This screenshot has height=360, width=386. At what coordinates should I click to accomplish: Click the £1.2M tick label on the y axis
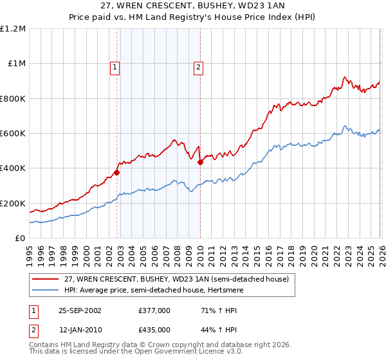pos(14,29)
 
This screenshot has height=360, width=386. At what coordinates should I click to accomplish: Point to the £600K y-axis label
pos(13,134)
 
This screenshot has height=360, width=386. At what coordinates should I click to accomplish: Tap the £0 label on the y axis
pos(20,239)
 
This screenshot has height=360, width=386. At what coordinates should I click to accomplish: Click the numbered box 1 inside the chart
pos(115,66)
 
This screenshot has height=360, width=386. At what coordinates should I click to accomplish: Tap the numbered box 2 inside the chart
pos(198,66)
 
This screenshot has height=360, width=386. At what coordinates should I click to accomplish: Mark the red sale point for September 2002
pos(117,172)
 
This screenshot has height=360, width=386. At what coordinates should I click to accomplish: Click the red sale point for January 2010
pos(200,162)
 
